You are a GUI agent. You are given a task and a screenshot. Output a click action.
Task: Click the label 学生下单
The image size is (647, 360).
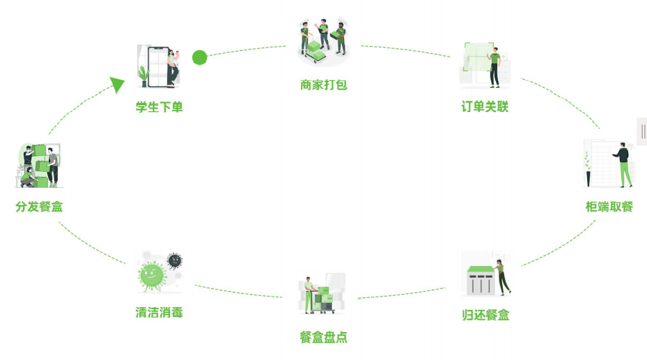pos(159,107)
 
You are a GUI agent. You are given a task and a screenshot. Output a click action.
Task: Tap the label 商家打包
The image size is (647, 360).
pos(324,85)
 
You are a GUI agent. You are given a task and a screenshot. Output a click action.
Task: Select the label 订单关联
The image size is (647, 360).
pos(485,107)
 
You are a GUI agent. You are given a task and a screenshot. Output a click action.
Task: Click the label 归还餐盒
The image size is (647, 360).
pos(485,315)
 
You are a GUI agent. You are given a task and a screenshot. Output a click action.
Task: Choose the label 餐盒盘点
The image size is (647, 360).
pos(324,338)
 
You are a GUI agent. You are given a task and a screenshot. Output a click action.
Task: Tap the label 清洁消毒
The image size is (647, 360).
pos(159,313)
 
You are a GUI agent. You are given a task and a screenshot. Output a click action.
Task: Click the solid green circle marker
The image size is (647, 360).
pos(200,57)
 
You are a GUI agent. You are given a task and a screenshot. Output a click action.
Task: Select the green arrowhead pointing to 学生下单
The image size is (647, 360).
pos(118,85)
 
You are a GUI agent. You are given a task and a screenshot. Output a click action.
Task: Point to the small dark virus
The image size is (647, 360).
pos(175,260)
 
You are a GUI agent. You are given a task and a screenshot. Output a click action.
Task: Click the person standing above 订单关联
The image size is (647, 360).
pos(494,68)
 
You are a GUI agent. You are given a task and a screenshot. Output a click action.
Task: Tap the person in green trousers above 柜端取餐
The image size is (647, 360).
pos(624,165)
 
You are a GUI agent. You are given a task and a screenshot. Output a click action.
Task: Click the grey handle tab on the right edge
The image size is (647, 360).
pos(642,131)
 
